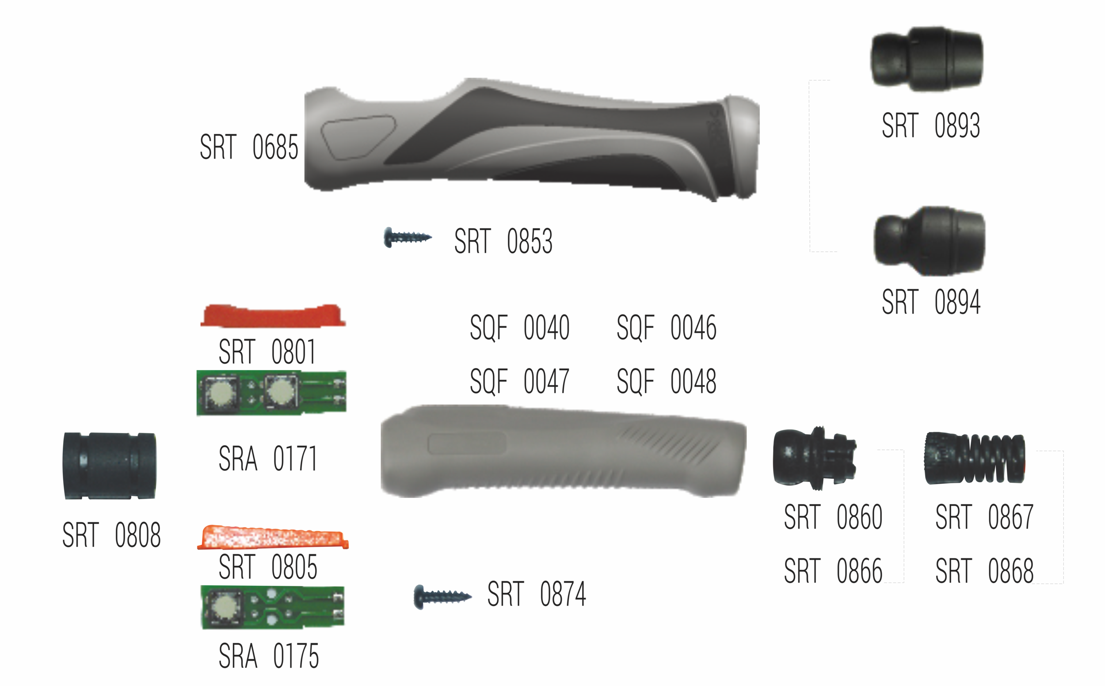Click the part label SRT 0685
coord(249,147)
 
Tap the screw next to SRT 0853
coord(407,237)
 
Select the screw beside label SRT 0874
coord(442,597)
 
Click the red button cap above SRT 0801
coord(272,316)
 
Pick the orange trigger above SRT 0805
coord(272,538)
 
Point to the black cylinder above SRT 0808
coord(110,466)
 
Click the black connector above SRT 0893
coord(926,59)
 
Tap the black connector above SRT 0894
coord(930,241)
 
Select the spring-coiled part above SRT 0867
coord(975,458)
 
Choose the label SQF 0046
coord(666,328)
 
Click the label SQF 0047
coord(519,381)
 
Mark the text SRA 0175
coord(269,656)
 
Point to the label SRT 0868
coord(984,571)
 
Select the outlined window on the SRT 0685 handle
coord(358,137)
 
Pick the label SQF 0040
coord(519,328)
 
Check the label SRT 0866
coord(833,571)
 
